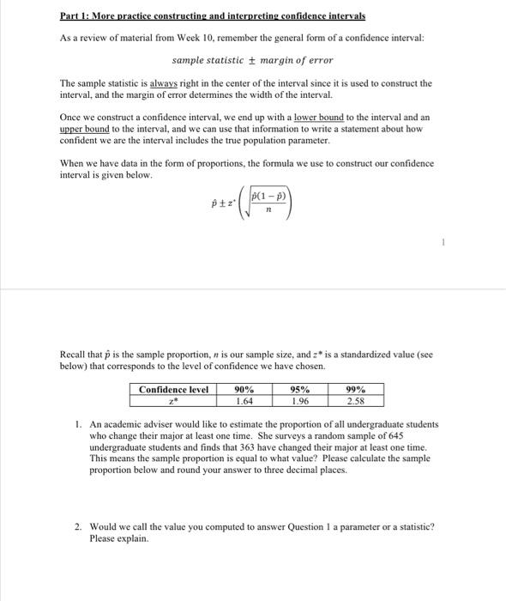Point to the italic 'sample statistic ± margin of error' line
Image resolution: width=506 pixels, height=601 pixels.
pyautogui.click(x=252, y=60)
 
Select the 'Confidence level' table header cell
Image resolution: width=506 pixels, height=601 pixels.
pyautogui.click(x=174, y=390)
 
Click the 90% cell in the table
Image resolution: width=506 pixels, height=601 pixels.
pyautogui.click(x=244, y=390)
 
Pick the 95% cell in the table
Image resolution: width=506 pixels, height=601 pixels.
pyautogui.click(x=299, y=390)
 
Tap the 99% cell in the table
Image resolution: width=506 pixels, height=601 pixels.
pyautogui.click(x=354, y=390)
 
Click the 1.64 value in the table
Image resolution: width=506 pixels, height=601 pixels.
pyautogui.click(x=244, y=400)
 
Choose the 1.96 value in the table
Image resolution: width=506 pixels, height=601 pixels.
pyautogui.click(x=299, y=400)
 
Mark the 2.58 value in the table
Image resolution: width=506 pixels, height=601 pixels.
pyautogui.click(x=354, y=400)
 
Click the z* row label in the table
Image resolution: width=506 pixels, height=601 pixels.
pyautogui.click(x=174, y=401)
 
